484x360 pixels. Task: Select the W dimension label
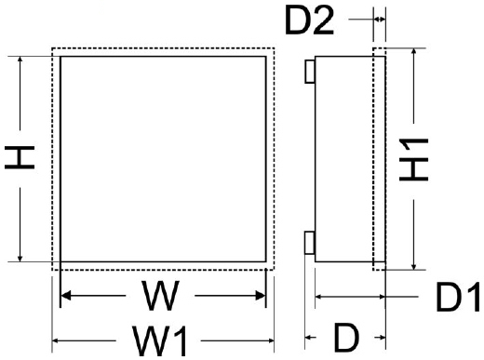click(161, 298)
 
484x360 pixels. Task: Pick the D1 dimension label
click(457, 299)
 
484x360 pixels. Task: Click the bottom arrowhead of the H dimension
click(20, 258)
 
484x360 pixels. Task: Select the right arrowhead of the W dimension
click(262, 298)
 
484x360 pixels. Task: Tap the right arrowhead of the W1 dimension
click(271, 341)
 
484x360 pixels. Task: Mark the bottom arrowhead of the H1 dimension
click(412, 265)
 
